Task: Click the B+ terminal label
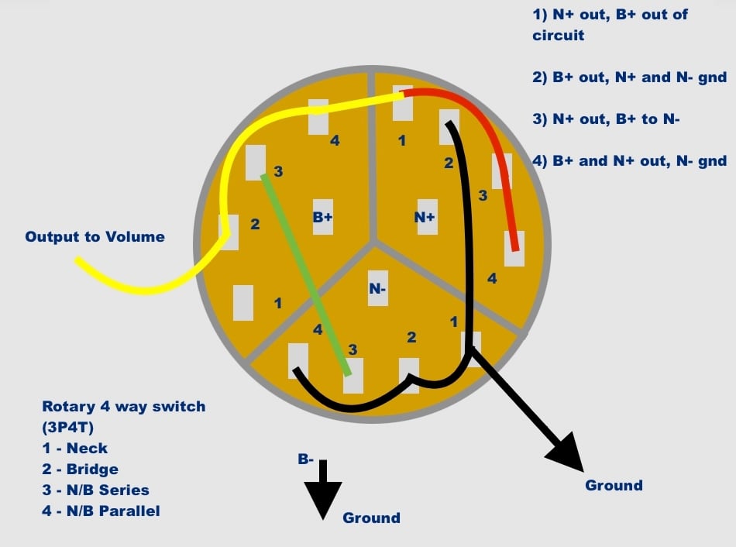tap(323, 217)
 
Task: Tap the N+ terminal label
tap(425, 217)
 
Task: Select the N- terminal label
tap(377, 288)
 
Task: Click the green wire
tap(306, 275)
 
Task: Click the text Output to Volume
tap(95, 236)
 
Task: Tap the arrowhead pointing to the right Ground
tap(567, 453)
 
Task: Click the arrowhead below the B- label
tap(323, 500)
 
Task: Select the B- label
tap(305, 459)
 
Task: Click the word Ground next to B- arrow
tap(371, 518)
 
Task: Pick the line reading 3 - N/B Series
tap(96, 490)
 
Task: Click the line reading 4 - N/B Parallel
tap(101, 511)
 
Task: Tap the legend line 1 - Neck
tap(75, 449)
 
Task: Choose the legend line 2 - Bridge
tap(81, 469)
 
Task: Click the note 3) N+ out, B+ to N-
tap(606, 119)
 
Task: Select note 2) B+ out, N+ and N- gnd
tap(629, 77)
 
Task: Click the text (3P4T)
tap(68, 428)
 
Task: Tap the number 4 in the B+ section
tap(335, 140)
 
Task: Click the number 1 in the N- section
tap(453, 322)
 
